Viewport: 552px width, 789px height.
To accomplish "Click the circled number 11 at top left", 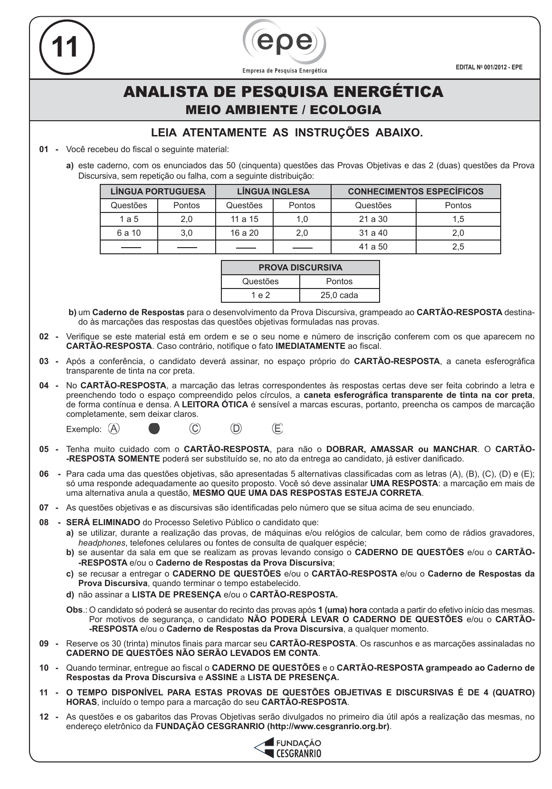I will (x=66, y=47).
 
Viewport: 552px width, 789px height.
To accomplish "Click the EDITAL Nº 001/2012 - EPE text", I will (x=489, y=67).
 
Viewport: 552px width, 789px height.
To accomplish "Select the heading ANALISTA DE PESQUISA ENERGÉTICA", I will (x=284, y=92).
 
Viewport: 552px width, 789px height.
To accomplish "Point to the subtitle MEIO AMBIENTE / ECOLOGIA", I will (x=284, y=110).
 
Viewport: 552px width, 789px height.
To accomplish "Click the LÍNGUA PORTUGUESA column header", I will (x=158, y=192).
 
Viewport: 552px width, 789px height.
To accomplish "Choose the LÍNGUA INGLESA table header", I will (x=273, y=192).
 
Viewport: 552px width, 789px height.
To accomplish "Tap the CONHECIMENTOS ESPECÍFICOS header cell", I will (x=416, y=192).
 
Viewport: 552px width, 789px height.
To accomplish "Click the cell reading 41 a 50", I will (x=373, y=247).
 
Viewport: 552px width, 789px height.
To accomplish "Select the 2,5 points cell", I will (x=458, y=247).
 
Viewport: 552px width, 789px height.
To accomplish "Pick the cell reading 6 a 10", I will (x=129, y=233).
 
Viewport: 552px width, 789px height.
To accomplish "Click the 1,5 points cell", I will (x=458, y=219).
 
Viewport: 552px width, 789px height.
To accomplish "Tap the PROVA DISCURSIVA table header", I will (x=300, y=268).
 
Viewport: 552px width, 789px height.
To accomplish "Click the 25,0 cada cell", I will (x=339, y=295).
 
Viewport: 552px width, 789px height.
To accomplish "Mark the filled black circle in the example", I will (x=154, y=429).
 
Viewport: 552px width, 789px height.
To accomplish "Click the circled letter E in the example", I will (x=277, y=429).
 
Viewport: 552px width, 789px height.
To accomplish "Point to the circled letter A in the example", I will (x=114, y=429).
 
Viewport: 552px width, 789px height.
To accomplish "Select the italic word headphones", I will (x=102, y=543).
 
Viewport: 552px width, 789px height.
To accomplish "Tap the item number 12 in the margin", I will (x=44, y=717).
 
